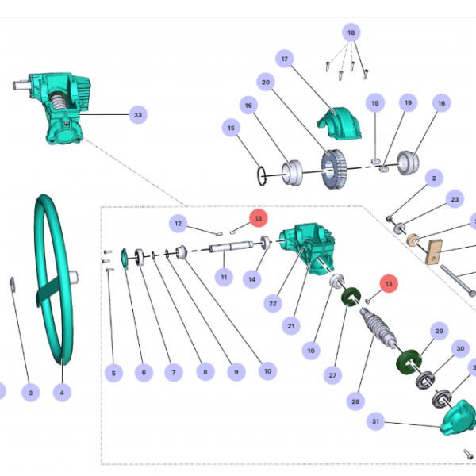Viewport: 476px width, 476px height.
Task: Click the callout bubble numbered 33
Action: [138, 115]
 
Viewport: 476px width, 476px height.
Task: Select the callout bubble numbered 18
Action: [351, 33]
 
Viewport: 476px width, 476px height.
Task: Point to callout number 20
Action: [266, 83]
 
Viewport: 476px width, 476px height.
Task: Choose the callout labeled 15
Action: [232, 127]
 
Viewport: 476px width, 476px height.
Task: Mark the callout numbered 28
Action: [354, 402]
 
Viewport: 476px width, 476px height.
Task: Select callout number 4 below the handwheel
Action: [61, 393]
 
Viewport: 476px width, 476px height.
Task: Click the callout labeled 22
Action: [273, 303]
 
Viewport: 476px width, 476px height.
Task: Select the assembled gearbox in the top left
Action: [55, 110]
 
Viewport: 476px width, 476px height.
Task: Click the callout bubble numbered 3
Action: [30, 393]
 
